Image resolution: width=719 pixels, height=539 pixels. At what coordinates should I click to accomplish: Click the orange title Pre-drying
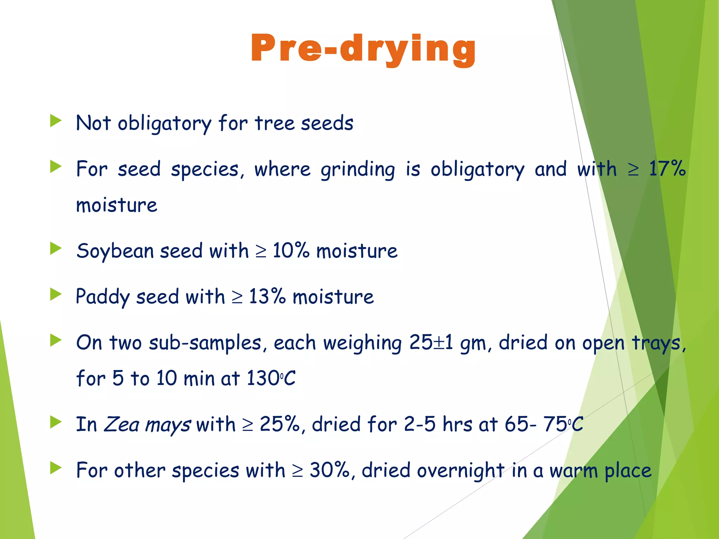tap(363, 49)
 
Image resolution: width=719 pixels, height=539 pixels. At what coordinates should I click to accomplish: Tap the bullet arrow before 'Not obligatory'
tap(56, 121)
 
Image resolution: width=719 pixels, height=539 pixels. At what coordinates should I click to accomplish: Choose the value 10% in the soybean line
tap(291, 251)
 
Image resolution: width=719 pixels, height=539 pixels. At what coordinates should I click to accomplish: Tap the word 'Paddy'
tap(103, 297)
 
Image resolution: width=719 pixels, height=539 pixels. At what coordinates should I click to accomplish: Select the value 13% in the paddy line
tap(267, 297)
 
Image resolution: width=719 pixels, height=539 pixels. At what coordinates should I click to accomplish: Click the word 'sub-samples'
tap(205, 343)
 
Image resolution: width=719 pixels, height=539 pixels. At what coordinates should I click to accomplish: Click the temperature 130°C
tap(271, 378)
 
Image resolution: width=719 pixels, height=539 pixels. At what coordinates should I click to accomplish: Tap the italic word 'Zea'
tap(122, 424)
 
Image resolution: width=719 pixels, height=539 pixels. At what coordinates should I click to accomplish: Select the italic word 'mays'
tap(168, 425)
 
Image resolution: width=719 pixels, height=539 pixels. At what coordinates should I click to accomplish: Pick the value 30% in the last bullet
tap(329, 470)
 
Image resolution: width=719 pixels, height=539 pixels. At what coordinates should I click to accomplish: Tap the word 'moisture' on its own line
tap(117, 205)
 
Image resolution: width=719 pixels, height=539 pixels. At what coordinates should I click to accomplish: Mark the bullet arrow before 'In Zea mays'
tap(56, 422)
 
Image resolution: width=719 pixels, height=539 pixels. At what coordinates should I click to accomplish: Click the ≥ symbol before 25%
tap(248, 425)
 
